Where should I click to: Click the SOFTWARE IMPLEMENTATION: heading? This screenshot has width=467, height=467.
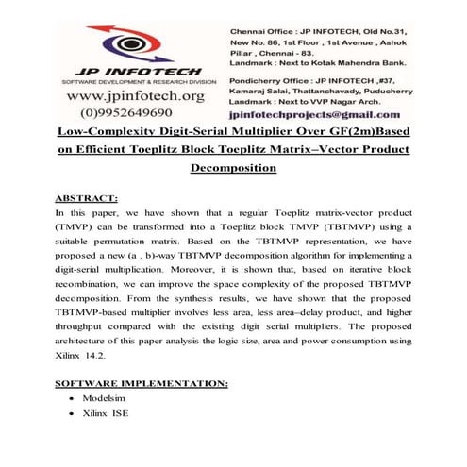point(142,386)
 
